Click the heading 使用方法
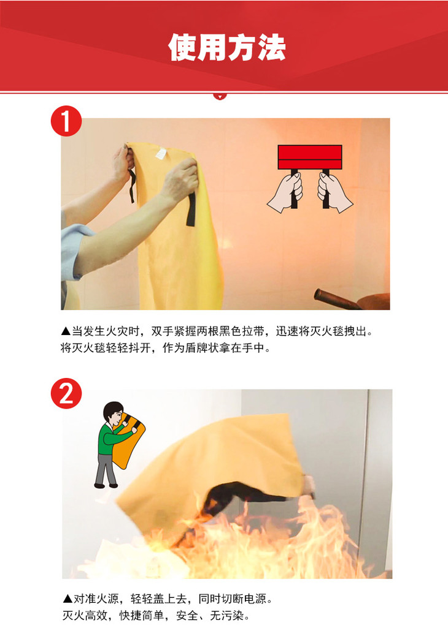pos(227,48)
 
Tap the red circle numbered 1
pos(66,121)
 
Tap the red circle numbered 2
pos(66,393)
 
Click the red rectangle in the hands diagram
pos(310,157)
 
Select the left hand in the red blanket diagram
pos(286,192)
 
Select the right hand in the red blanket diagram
pos(334,192)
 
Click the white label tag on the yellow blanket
pos(161,153)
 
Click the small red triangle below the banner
pos(220,96)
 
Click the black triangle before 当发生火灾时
pos(66,331)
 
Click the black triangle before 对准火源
pos(68,599)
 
